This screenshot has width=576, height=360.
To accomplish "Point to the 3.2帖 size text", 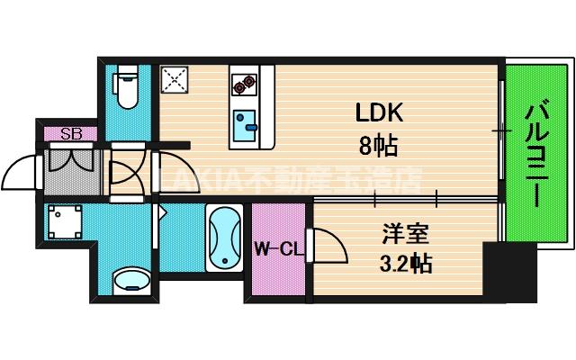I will point(402,264).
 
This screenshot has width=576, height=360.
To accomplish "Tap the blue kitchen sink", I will point(243,126).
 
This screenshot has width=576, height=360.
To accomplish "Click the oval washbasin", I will point(130,280).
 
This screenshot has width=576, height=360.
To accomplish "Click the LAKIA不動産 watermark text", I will point(288,180).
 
